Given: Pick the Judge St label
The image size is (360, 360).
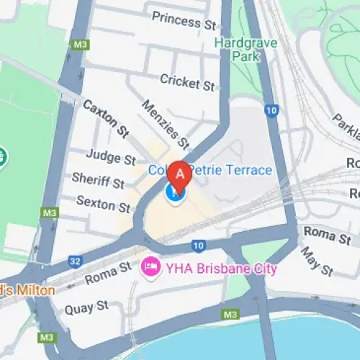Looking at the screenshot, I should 110,156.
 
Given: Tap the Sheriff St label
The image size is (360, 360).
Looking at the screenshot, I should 98,181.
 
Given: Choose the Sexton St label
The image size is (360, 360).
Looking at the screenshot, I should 103,204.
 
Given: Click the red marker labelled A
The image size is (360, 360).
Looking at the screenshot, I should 179,174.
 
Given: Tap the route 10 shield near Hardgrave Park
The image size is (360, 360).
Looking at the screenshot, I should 271,110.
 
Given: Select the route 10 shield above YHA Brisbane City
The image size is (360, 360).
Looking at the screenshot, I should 199,246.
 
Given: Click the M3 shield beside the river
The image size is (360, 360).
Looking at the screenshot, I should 230,315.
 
